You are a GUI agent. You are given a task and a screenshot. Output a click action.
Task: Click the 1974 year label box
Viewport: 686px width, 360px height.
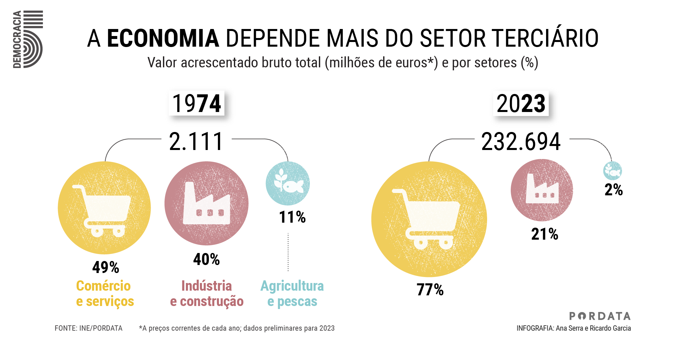click(197, 103)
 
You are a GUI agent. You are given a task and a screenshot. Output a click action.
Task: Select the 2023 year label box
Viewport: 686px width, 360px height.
click(521, 103)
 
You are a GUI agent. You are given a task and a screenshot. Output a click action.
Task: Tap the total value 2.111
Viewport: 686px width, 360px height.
click(196, 141)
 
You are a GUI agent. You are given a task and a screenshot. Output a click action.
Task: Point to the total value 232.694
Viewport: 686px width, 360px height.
click(521, 141)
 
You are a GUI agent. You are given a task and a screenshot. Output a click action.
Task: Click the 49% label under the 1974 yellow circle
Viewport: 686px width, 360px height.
click(106, 267)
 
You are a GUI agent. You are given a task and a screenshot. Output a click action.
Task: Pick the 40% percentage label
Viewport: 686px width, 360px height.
click(207, 259)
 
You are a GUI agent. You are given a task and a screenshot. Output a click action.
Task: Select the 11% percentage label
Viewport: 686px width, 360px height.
click(292, 217)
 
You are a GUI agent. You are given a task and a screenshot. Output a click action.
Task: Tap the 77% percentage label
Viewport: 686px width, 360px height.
click(430, 289)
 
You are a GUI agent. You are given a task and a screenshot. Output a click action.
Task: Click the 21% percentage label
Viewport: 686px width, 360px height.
click(544, 234)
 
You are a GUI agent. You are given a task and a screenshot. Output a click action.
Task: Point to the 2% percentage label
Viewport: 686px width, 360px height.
click(613, 190)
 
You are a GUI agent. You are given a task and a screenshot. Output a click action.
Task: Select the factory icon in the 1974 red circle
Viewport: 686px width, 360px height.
click(207, 204)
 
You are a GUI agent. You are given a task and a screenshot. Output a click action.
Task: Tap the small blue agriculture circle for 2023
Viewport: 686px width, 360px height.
click(612, 171)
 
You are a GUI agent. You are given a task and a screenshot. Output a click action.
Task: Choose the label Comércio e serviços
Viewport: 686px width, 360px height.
click(105, 293)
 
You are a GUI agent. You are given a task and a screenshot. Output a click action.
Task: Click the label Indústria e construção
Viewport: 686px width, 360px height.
click(207, 293)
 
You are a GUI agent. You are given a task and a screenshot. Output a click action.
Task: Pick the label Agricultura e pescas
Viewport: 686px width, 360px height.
click(292, 293)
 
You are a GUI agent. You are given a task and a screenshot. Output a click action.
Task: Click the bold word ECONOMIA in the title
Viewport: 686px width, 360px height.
click(163, 38)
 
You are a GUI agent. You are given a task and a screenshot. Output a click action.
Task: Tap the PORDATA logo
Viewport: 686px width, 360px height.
click(600, 316)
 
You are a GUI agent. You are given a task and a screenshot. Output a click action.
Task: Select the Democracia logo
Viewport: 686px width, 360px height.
click(28, 39)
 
